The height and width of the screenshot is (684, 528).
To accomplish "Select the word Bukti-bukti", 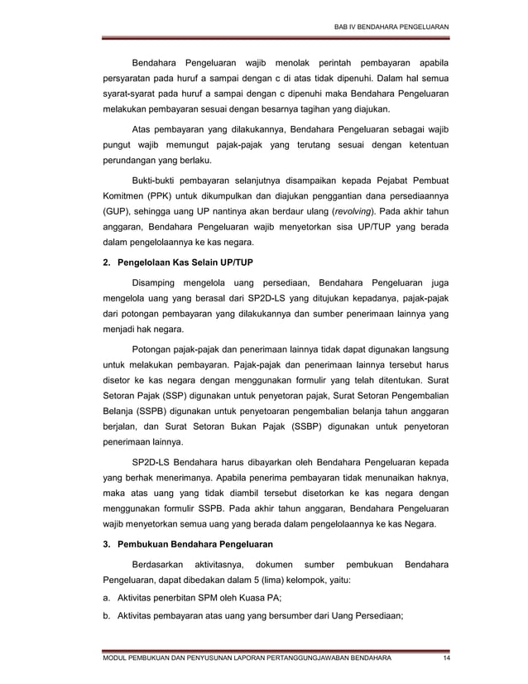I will click(156, 180).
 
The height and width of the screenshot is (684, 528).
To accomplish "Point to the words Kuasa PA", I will click(268, 599).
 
